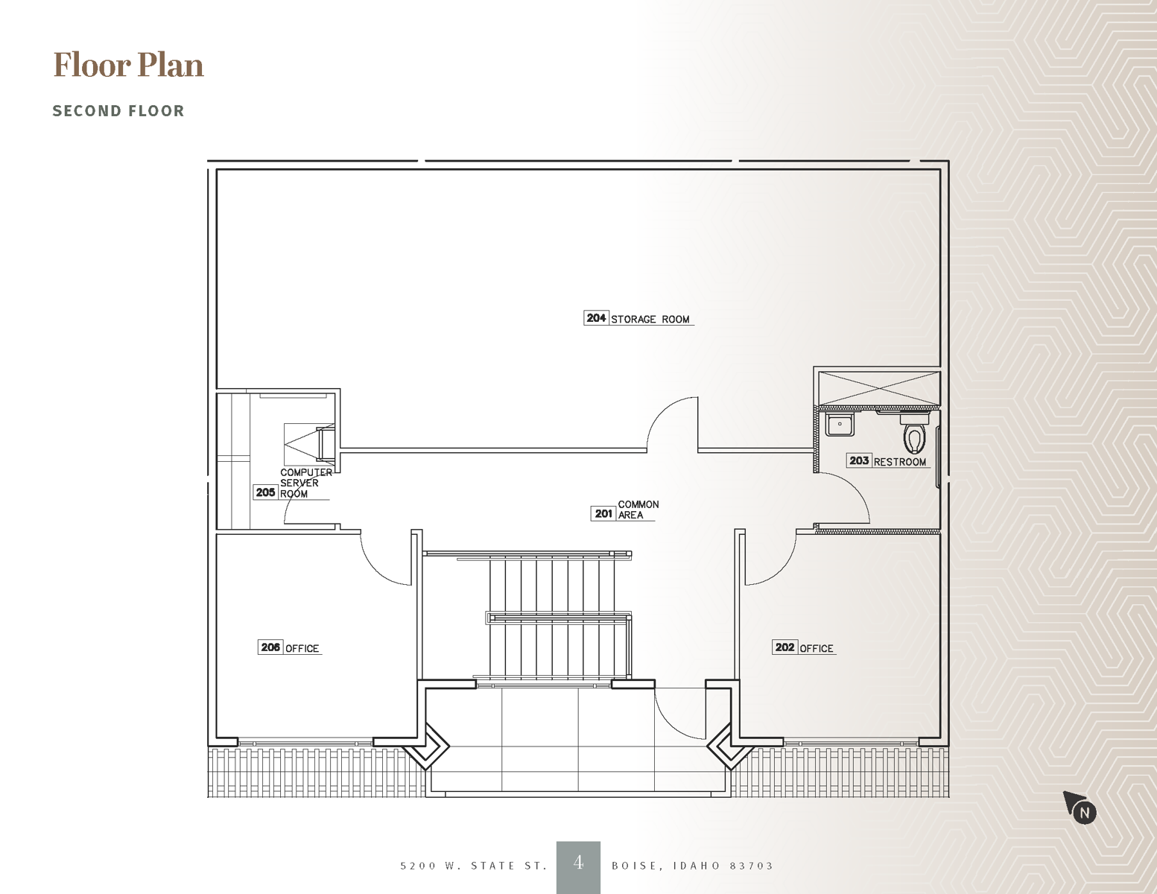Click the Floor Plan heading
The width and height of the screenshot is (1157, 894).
(x=128, y=65)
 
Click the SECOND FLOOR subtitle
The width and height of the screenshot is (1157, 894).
(x=118, y=111)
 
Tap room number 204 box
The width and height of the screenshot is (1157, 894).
(x=596, y=318)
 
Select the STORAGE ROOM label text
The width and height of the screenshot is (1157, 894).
(x=650, y=320)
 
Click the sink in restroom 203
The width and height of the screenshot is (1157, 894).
(x=840, y=425)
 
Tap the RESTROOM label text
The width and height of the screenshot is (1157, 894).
(x=900, y=462)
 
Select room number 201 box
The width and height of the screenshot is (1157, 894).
(x=603, y=513)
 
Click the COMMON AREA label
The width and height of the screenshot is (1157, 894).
(x=638, y=510)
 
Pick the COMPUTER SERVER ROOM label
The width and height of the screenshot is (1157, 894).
(x=305, y=482)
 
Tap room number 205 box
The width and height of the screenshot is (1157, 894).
(x=265, y=492)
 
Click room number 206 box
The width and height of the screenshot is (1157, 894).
(x=270, y=647)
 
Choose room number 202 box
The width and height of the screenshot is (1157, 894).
(x=784, y=647)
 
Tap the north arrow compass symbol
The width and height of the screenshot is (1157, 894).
(x=1080, y=808)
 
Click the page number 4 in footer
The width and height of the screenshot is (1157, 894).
(x=578, y=863)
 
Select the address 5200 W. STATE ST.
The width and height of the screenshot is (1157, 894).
(x=474, y=866)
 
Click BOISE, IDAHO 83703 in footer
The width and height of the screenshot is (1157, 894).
(x=692, y=866)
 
